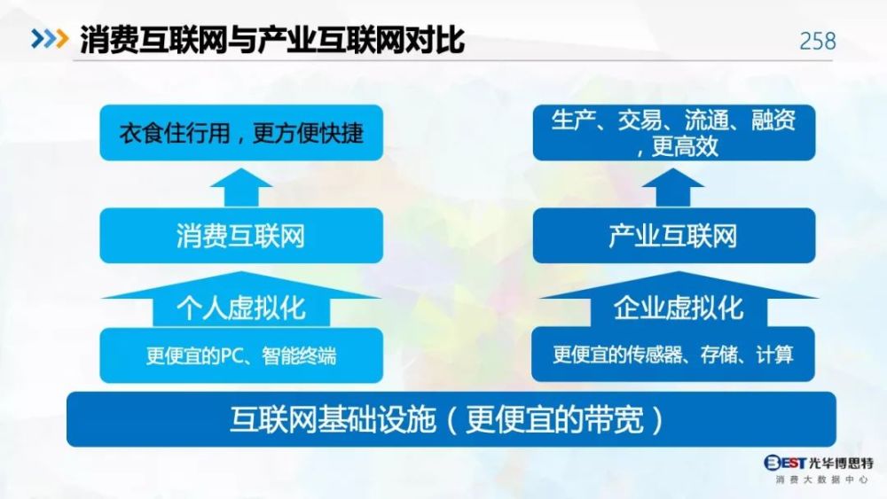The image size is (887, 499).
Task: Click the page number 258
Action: coord(818,42)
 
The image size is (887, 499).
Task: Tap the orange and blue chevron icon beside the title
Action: coord(50,39)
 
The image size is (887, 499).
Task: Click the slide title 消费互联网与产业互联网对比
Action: coord(272,40)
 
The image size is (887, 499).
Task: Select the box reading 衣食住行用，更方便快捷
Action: coord(241,133)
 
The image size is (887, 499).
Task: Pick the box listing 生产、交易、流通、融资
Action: coord(674,133)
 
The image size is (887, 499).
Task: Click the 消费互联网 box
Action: coord(241,236)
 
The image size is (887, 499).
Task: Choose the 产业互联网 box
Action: coord(674,236)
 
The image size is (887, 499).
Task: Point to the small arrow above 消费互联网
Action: coord(241,188)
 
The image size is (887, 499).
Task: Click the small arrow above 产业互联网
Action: coord(673,188)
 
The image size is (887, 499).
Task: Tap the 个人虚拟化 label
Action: coord(241,308)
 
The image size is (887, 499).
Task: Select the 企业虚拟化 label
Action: coord(679,308)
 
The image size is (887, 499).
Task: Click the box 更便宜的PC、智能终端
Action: coord(241,355)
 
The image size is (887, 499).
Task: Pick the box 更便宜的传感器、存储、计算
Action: coord(673,355)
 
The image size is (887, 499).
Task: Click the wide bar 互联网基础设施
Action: coord(451,419)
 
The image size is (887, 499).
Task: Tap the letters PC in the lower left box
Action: coord(232,356)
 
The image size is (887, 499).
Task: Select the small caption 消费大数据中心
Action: coord(821,480)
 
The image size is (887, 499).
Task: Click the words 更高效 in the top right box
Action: coord(685,147)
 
